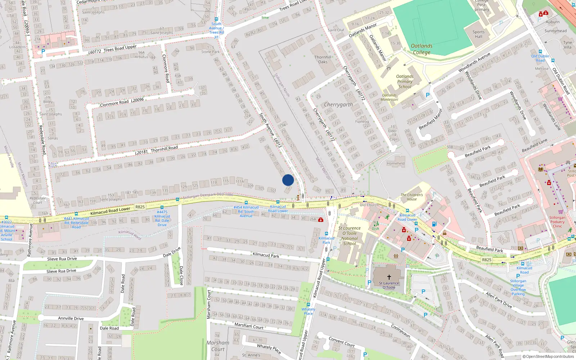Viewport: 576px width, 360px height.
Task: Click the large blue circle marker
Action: tap(288, 180)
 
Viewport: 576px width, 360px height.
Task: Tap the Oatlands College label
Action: tap(422, 49)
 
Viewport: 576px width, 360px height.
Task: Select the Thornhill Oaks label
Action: tap(323, 59)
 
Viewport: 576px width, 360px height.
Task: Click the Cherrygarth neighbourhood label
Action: tap(338, 105)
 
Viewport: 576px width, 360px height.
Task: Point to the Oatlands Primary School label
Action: tap(405, 81)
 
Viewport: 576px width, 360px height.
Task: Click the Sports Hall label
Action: tap(478, 34)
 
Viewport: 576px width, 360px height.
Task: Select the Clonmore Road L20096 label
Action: tap(122, 102)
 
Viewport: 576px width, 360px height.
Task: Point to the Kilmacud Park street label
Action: tap(266, 255)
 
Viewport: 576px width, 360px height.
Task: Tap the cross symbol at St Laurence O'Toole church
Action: tap(389, 277)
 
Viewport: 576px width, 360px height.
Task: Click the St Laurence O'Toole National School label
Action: tap(349, 236)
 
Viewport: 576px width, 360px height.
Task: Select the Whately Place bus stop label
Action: tap(308, 311)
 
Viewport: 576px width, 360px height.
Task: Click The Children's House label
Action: tap(412, 197)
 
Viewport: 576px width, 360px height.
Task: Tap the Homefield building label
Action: tap(396, 163)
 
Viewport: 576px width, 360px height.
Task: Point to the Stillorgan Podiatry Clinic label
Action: tap(557, 222)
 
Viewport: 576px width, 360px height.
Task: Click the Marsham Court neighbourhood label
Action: tap(218, 346)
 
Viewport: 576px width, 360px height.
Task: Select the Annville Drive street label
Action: tap(71, 319)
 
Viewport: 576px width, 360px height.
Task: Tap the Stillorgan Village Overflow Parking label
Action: tap(518, 287)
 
